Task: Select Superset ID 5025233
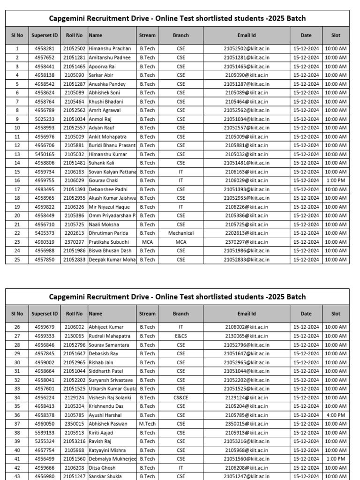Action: pyautogui.click(x=45, y=119)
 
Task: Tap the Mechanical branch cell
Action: pyautogui.click(x=180, y=233)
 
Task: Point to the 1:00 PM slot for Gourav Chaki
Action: pyautogui.click(x=336, y=180)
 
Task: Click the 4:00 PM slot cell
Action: pyautogui.click(x=336, y=415)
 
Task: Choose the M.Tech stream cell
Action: pyautogui.click(x=147, y=424)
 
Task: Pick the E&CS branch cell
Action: pyautogui.click(x=180, y=336)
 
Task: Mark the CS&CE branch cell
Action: pyautogui.click(x=180, y=397)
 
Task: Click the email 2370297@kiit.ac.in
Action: pyautogui.click(x=247, y=242)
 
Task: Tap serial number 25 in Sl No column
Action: pyautogui.click(x=17, y=259)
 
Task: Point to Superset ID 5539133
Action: pyautogui.click(x=45, y=433)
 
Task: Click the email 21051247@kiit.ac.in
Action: pyautogui.click(x=247, y=476)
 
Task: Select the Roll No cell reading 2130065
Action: pyautogui.click(x=74, y=336)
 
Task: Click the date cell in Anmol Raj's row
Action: pyautogui.click(x=306, y=119)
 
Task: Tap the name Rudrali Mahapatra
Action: pyautogui.click(x=109, y=336)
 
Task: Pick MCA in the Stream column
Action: pyautogui.click(x=147, y=242)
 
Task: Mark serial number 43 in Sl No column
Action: pyautogui.click(x=17, y=476)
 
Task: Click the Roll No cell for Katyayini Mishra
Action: pyautogui.click(x=74, y=450)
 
